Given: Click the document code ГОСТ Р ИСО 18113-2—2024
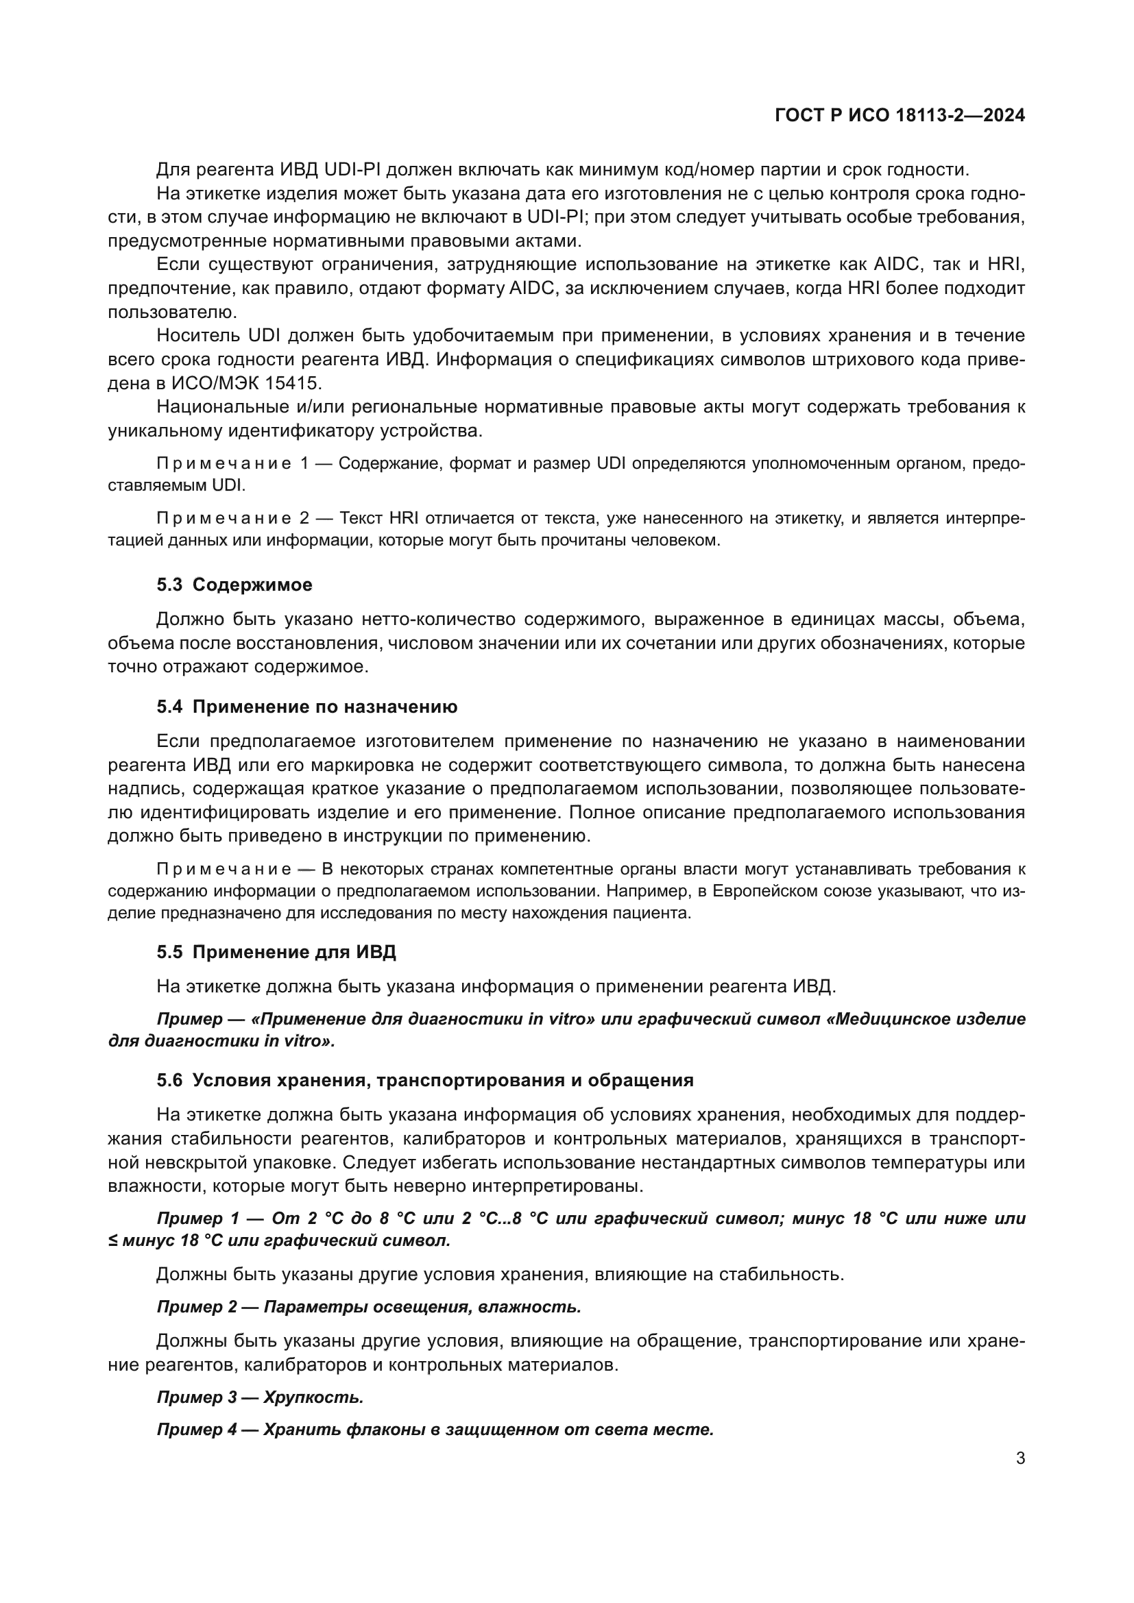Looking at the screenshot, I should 900,116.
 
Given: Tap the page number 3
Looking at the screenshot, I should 1020,1458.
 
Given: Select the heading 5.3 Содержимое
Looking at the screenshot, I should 234,585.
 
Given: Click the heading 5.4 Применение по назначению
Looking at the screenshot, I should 306,707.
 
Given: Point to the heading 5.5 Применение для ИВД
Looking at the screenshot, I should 276,953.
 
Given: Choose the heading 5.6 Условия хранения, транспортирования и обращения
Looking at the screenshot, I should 424,1081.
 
